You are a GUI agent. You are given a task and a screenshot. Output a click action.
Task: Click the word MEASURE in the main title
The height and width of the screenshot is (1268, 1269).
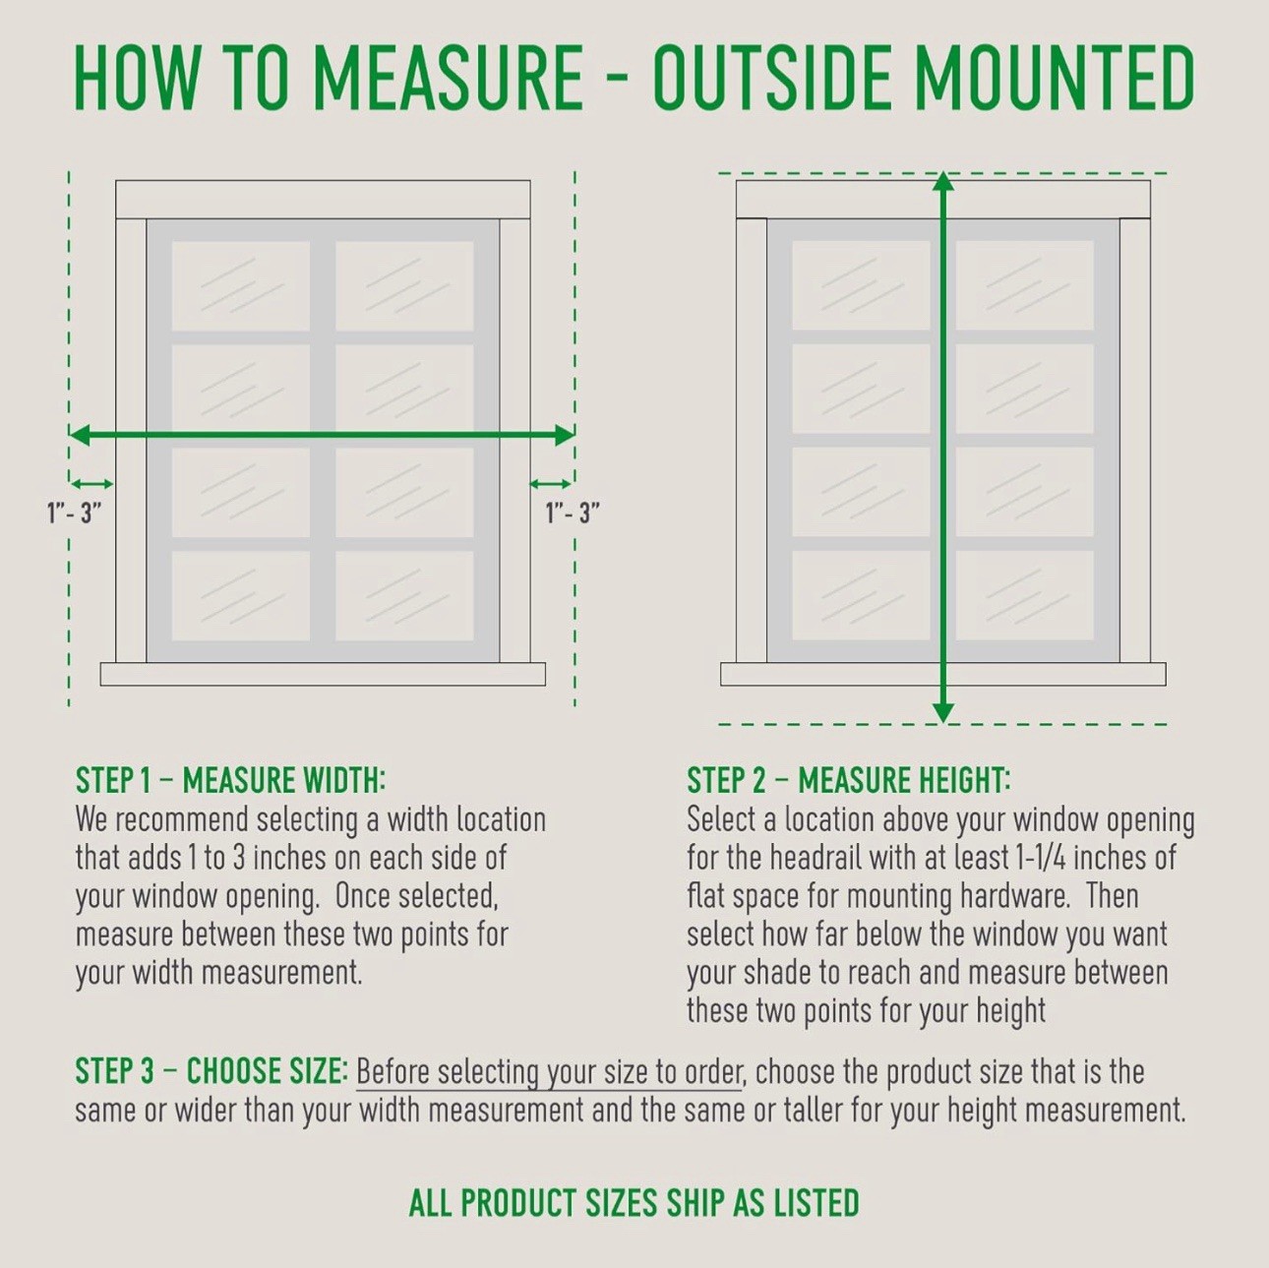[449, 77]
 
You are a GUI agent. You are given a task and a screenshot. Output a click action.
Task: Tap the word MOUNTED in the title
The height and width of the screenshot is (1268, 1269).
[1055, 77]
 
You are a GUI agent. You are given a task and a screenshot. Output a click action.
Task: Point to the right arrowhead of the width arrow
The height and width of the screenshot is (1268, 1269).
[565, 435]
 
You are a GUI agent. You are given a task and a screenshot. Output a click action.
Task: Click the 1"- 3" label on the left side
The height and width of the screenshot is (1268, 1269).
[75, 513]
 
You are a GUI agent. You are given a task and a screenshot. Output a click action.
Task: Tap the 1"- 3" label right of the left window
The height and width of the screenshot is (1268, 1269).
[573, 513]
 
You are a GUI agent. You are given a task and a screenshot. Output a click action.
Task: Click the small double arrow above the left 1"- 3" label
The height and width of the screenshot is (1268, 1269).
[91, 484]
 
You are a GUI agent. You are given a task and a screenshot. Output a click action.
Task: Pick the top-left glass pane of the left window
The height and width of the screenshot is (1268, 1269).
[240, 286]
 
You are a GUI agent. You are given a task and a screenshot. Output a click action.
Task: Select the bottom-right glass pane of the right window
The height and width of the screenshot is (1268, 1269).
[1025, 595]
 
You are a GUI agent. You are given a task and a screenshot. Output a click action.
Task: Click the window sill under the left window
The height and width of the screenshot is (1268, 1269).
[323, 674]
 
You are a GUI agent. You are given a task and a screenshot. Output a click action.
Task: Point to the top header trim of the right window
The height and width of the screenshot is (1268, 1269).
[943, 199]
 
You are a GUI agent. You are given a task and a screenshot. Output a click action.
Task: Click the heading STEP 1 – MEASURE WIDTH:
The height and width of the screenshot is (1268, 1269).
[230, 780]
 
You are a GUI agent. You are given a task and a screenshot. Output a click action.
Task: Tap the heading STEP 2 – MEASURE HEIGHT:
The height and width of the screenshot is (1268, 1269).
[849, 780]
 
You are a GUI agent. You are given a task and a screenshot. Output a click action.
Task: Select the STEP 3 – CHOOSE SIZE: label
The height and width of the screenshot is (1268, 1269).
[211, 1070]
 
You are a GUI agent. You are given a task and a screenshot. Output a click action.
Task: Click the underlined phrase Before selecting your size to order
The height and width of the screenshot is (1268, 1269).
[549, 1073]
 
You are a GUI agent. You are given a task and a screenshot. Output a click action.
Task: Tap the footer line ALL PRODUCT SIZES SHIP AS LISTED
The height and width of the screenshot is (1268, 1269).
[634, 1203]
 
